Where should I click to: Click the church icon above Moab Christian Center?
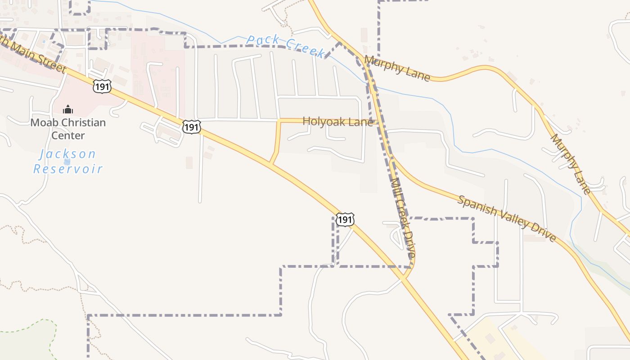[67, 109]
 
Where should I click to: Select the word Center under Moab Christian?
[68, 135]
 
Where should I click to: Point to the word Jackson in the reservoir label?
[67, 154]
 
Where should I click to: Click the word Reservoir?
[68, 169]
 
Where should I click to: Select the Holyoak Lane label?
[337, 121]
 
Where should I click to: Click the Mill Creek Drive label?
[403, 218]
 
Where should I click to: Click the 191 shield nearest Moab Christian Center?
[102, 86]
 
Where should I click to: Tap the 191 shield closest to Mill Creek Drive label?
[345, 220]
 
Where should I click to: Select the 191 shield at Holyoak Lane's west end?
[191, 127]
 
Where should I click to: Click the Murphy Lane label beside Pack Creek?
[397, 68]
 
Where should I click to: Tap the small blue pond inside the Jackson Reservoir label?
[67, 161]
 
